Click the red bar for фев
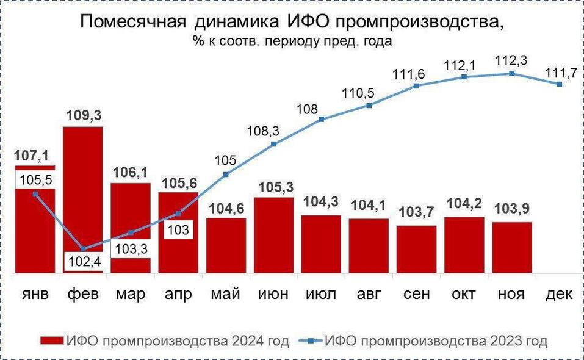point(83,189)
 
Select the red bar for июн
point(273,236)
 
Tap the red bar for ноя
point(512,247)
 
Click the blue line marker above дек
point(559,84)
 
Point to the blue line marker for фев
point(83,248)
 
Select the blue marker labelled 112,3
point(511,73)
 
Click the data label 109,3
point(83,116)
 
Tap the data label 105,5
point(35,179)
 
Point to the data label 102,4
point(83,263)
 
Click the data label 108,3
point(273,131)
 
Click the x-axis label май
point(225,294)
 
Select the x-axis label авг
point(369,294)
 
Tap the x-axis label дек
point(559,294)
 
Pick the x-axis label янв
point(35,294)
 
